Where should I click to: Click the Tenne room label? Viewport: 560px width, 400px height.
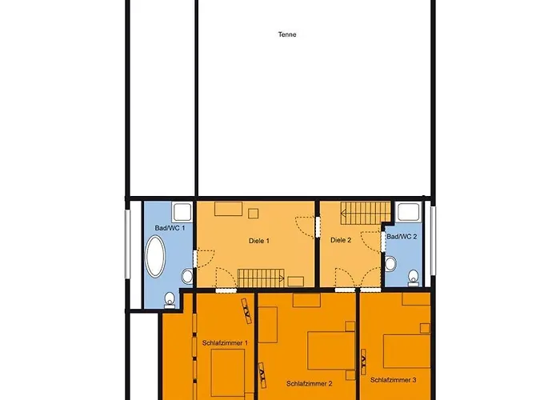(x=287, y=34)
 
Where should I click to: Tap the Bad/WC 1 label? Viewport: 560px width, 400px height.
(x=170, y=228)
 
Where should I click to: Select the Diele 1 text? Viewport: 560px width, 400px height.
(x=259, y=241)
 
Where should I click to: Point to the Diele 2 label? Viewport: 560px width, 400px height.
(x=341, y=240)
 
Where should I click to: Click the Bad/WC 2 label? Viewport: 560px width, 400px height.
(x=402, y=237)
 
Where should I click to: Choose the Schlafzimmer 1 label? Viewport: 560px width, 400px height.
(x=225, y=343)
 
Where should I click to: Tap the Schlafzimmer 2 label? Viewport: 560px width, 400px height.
(x=310, y=384)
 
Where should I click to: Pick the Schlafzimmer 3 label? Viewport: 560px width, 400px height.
(x=394, y=380)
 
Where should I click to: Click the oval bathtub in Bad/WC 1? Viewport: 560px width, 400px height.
(x=155, y=256)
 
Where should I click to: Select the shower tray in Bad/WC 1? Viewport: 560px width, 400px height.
(x=182, y=212)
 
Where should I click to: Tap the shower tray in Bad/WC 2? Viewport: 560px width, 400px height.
(x=408, y=212)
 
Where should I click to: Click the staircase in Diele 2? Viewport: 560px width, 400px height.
(x=366, y=214)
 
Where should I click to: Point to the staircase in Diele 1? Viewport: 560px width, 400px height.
(x=261, y=278)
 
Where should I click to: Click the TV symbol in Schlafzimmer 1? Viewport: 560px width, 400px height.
(x=246, y=310)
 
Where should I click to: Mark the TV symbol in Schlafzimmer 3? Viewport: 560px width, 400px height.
(x=363, y=362)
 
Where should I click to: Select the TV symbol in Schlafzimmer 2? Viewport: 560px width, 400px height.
(x=262, y=375)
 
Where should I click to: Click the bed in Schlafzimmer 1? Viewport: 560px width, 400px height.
(x=227, y=374)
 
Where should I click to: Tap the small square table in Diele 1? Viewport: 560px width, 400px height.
(x=254, y=214)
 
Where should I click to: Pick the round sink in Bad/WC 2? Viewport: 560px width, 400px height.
(x=390, y=264)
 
